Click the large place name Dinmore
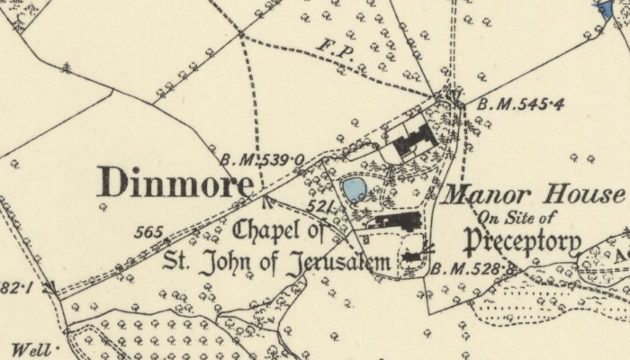click(175, 183)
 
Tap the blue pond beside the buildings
click(354, 189)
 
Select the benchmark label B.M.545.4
click(520, 105)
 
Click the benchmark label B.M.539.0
click(263, 160)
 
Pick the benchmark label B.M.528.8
click(474, 268)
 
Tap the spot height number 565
click(148, 232)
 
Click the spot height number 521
click(320, 208)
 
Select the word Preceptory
click(522, 240)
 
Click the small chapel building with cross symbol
click(413, 256)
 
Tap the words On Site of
click(517, 216)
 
